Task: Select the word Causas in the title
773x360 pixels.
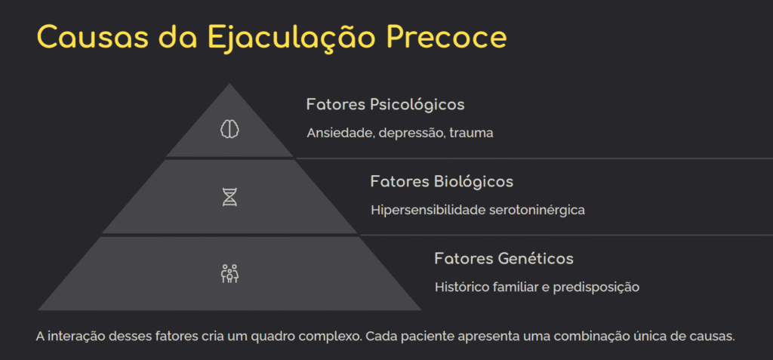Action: point(92,37)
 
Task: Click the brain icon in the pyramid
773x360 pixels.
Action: point(229,130)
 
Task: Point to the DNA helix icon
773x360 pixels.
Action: point(229,197)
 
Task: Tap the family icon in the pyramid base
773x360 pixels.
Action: point(229,274)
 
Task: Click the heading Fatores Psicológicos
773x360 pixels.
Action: point(385,106)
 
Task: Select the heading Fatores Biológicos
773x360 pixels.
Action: point(442,183)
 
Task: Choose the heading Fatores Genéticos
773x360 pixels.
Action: point(504,259)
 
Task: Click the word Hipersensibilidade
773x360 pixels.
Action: point(428,211)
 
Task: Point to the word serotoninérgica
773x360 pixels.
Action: point(537,211)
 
